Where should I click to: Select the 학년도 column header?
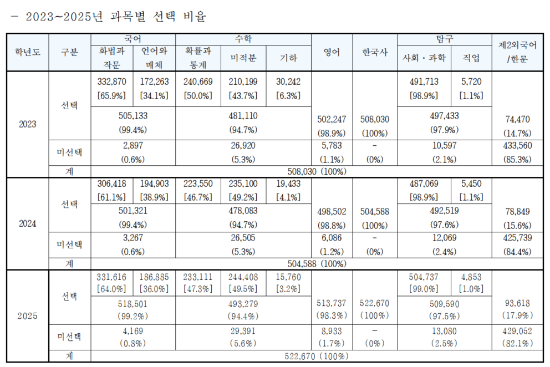pyautogui.click(x=27, y=52)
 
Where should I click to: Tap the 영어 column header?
pyautogui.click(x=332, y=52)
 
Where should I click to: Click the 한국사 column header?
pyautogui.click(x=374, y=52)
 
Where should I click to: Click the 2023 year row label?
pyautogui.click(x=27, y=124)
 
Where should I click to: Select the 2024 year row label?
pyautogui.click(x=27, y=224)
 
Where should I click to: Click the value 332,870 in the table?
pyautogui.click(x=113, y=81)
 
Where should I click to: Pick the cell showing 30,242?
pyautogui.click(x=288, y=81)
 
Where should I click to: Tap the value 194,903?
pyautogui.click(x=155, y=183)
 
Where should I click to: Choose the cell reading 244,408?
pyautogui.click(x=243, y=277)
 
